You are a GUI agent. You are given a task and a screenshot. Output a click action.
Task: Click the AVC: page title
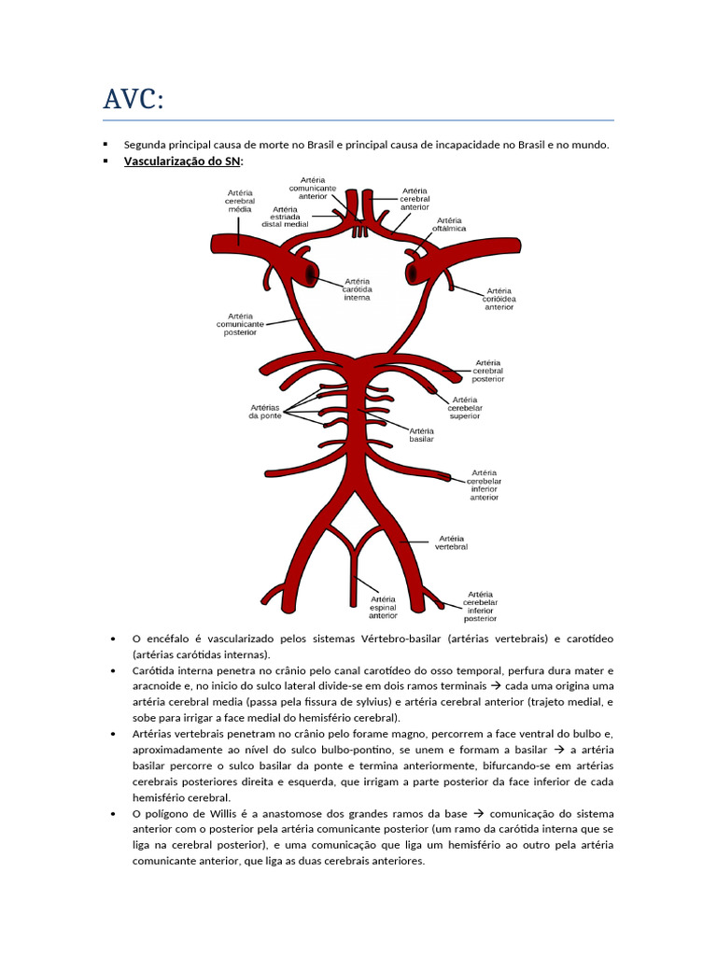pos(134,98)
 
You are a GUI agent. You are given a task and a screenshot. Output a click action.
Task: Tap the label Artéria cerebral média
pos(240,202)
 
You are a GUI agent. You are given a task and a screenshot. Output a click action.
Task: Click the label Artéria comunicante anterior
pos(318,188)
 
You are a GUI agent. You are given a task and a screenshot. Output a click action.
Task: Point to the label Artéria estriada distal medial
pos(285,217)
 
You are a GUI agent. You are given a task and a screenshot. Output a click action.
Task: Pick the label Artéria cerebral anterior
pos(415,198)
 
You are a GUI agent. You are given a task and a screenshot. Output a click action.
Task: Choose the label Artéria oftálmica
pos(449,224)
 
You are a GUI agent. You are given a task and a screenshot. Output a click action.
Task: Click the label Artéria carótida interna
pos(357,288)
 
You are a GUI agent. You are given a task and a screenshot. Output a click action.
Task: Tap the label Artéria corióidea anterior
pos(499,299)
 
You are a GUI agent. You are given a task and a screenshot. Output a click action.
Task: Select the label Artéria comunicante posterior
pos(240,324)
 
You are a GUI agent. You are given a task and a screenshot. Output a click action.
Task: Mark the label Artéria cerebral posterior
pos(488,371)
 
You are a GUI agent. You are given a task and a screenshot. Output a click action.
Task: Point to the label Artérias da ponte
pos(265,411)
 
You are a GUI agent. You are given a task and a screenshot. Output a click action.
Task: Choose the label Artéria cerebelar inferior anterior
pos(485,485)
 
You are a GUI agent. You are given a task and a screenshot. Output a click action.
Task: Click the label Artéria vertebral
pos(452,542)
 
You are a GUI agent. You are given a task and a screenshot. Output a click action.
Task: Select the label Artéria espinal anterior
pos(383,607)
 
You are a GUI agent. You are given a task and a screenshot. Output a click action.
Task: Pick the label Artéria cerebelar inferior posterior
pos(481,606)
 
